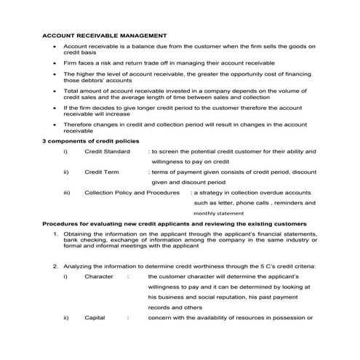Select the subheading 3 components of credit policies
coord(90,140)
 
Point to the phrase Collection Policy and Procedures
coord(132,193)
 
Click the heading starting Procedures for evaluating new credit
coord(175,223)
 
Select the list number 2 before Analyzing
coord(56,266)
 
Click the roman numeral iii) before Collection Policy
coord(67,193)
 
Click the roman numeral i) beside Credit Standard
coord(65,151)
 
